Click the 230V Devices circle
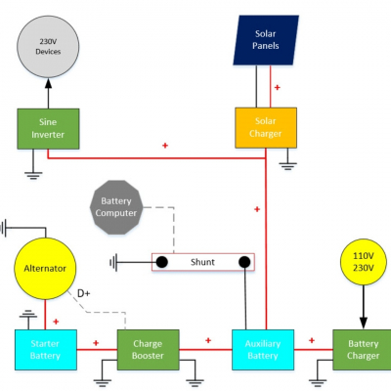click(48, 47)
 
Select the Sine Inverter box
click(48, 129)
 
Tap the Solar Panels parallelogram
click(266, 40)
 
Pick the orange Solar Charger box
click(266, 127)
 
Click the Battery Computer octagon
click(116, 207)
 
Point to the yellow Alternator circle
click(45, 269)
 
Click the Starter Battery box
click(46, 350)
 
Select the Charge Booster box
click(148, 350)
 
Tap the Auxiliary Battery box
click(263, 350)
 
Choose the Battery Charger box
click(362, 350)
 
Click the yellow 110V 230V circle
click(364, 262)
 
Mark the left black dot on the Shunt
click(162, 262)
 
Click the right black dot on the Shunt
click(244, 262)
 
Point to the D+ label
click(84, 293)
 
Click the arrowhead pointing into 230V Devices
click(48, 83)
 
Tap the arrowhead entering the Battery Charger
click(364, 323)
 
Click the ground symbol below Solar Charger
click(287, 166)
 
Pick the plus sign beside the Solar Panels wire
click(277, 87)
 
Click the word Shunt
click(202, 262)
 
